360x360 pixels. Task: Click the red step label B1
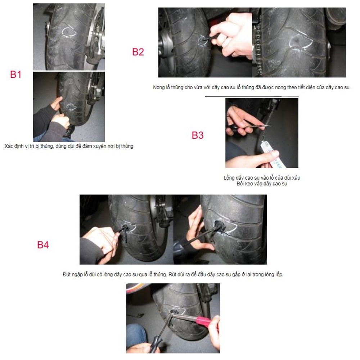point(15,75)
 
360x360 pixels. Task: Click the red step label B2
point(138,52)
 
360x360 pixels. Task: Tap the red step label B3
point(198,135)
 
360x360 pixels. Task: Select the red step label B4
point(43,245)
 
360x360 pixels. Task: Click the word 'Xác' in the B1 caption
point(8,146)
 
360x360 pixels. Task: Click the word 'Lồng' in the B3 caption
point(229,178)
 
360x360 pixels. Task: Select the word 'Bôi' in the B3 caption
point(240,184)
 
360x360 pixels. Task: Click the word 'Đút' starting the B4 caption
point(67,274)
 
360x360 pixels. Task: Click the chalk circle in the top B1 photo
point(69,32)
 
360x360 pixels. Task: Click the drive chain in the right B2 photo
point(257,50)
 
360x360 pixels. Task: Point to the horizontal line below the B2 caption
point(252,96)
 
